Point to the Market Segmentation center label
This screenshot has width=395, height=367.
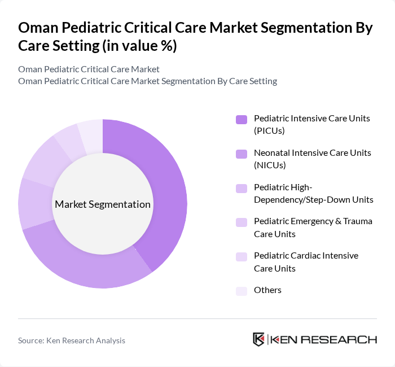[x=103, y=204]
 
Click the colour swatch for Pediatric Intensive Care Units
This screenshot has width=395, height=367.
[x=242, y=119]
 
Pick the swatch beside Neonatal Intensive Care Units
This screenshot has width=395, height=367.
[x=242, y=153]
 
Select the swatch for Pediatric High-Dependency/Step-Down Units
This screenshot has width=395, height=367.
[x=242, y=187]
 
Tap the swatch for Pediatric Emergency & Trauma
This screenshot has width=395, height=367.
[x=242, y=222]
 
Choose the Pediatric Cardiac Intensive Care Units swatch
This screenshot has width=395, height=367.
[x=242, y=256]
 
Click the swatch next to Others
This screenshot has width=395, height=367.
[x=242, y=290]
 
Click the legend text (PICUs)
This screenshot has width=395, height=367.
[x=270, y=130]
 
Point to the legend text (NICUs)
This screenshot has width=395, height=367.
[x=270, y=165]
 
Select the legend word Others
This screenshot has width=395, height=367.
[x=267, y=290]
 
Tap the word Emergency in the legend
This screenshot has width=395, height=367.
[x=311, y=221]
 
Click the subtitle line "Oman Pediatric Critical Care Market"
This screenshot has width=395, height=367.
[x=89, y=69]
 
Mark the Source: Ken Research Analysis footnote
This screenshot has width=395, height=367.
[x=72, y=340]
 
